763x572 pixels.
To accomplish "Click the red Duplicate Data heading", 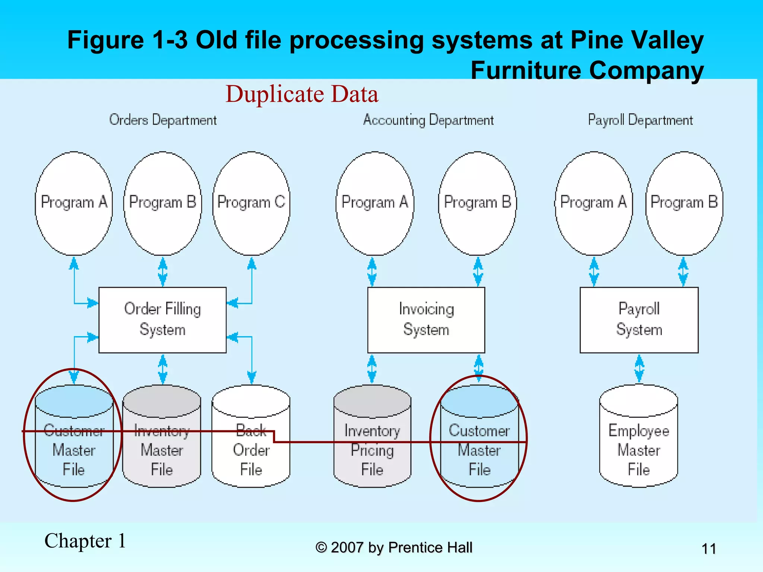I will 302,94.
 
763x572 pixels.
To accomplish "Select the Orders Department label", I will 163,120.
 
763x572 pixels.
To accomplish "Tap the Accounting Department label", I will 428,120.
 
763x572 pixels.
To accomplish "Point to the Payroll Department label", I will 640,120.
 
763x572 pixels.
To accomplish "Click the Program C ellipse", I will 251,203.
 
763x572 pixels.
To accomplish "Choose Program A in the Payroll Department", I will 593,203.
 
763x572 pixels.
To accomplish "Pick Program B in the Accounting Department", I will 478,203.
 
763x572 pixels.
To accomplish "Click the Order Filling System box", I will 162,320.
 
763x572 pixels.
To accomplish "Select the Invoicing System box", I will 426,320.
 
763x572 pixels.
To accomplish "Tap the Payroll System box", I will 639,320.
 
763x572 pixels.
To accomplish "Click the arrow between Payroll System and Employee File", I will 639,369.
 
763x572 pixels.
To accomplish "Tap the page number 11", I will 709,549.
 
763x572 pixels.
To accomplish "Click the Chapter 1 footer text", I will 85,541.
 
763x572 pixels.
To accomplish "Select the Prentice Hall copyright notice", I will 394,547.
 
